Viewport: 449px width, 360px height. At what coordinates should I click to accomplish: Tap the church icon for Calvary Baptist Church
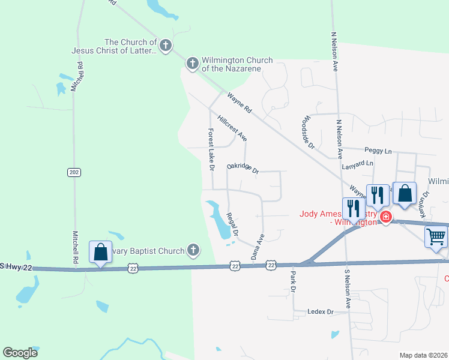tap(193, 248)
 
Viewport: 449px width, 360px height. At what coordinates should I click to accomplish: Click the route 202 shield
tap(74, 172)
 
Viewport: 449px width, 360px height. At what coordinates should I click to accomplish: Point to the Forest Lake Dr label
tap(211, 149)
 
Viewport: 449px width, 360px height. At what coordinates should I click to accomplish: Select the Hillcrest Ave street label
tap(232, 128)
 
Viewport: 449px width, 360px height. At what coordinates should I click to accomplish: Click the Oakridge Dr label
tap(243, 170)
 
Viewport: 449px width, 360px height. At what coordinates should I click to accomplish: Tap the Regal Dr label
tap(232, 224)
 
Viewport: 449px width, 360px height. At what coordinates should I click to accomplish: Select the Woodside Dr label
tap(309, 131)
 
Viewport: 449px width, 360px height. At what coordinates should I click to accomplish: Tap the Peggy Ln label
tap(378, 150)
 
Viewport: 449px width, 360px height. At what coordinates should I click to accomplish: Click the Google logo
tap(20, 353)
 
